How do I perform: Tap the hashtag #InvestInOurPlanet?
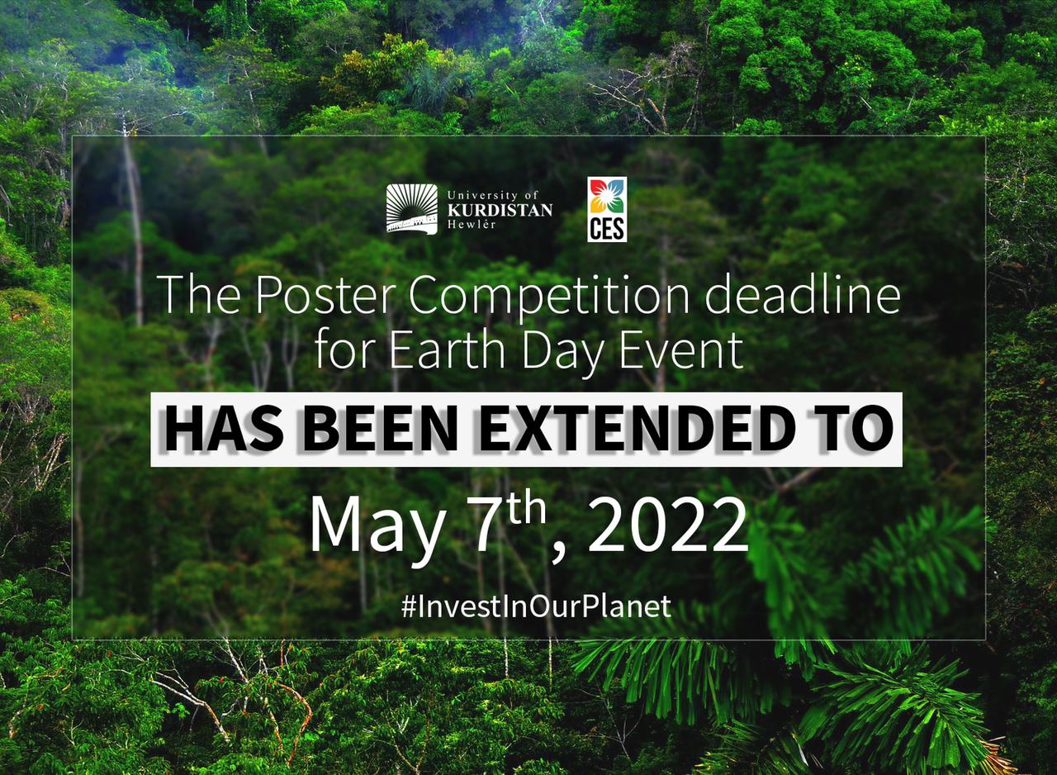(x=536, y=606)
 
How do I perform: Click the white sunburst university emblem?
(x=412, y=209)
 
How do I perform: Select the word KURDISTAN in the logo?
(x=500, y=210)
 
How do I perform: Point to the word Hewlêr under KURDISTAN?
(x=472, y=225)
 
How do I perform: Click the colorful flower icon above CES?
(x=607, y=197)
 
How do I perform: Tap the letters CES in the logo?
(x=607, y=229)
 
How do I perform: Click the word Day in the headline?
(x=562, y=351)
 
